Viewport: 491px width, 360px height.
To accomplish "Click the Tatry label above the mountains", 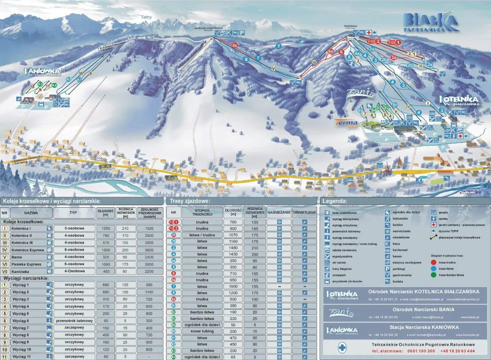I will [146, 17].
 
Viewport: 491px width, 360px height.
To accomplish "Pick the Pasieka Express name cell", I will [27, 264].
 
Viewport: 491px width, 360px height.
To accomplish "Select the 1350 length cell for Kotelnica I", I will [105, 228].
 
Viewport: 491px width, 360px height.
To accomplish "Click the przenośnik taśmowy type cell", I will [74, 321].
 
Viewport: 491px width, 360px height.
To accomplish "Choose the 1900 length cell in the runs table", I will [230, 286].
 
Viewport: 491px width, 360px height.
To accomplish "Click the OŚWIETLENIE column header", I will [304, 213].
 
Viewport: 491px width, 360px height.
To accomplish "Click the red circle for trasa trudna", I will [434, 263].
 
